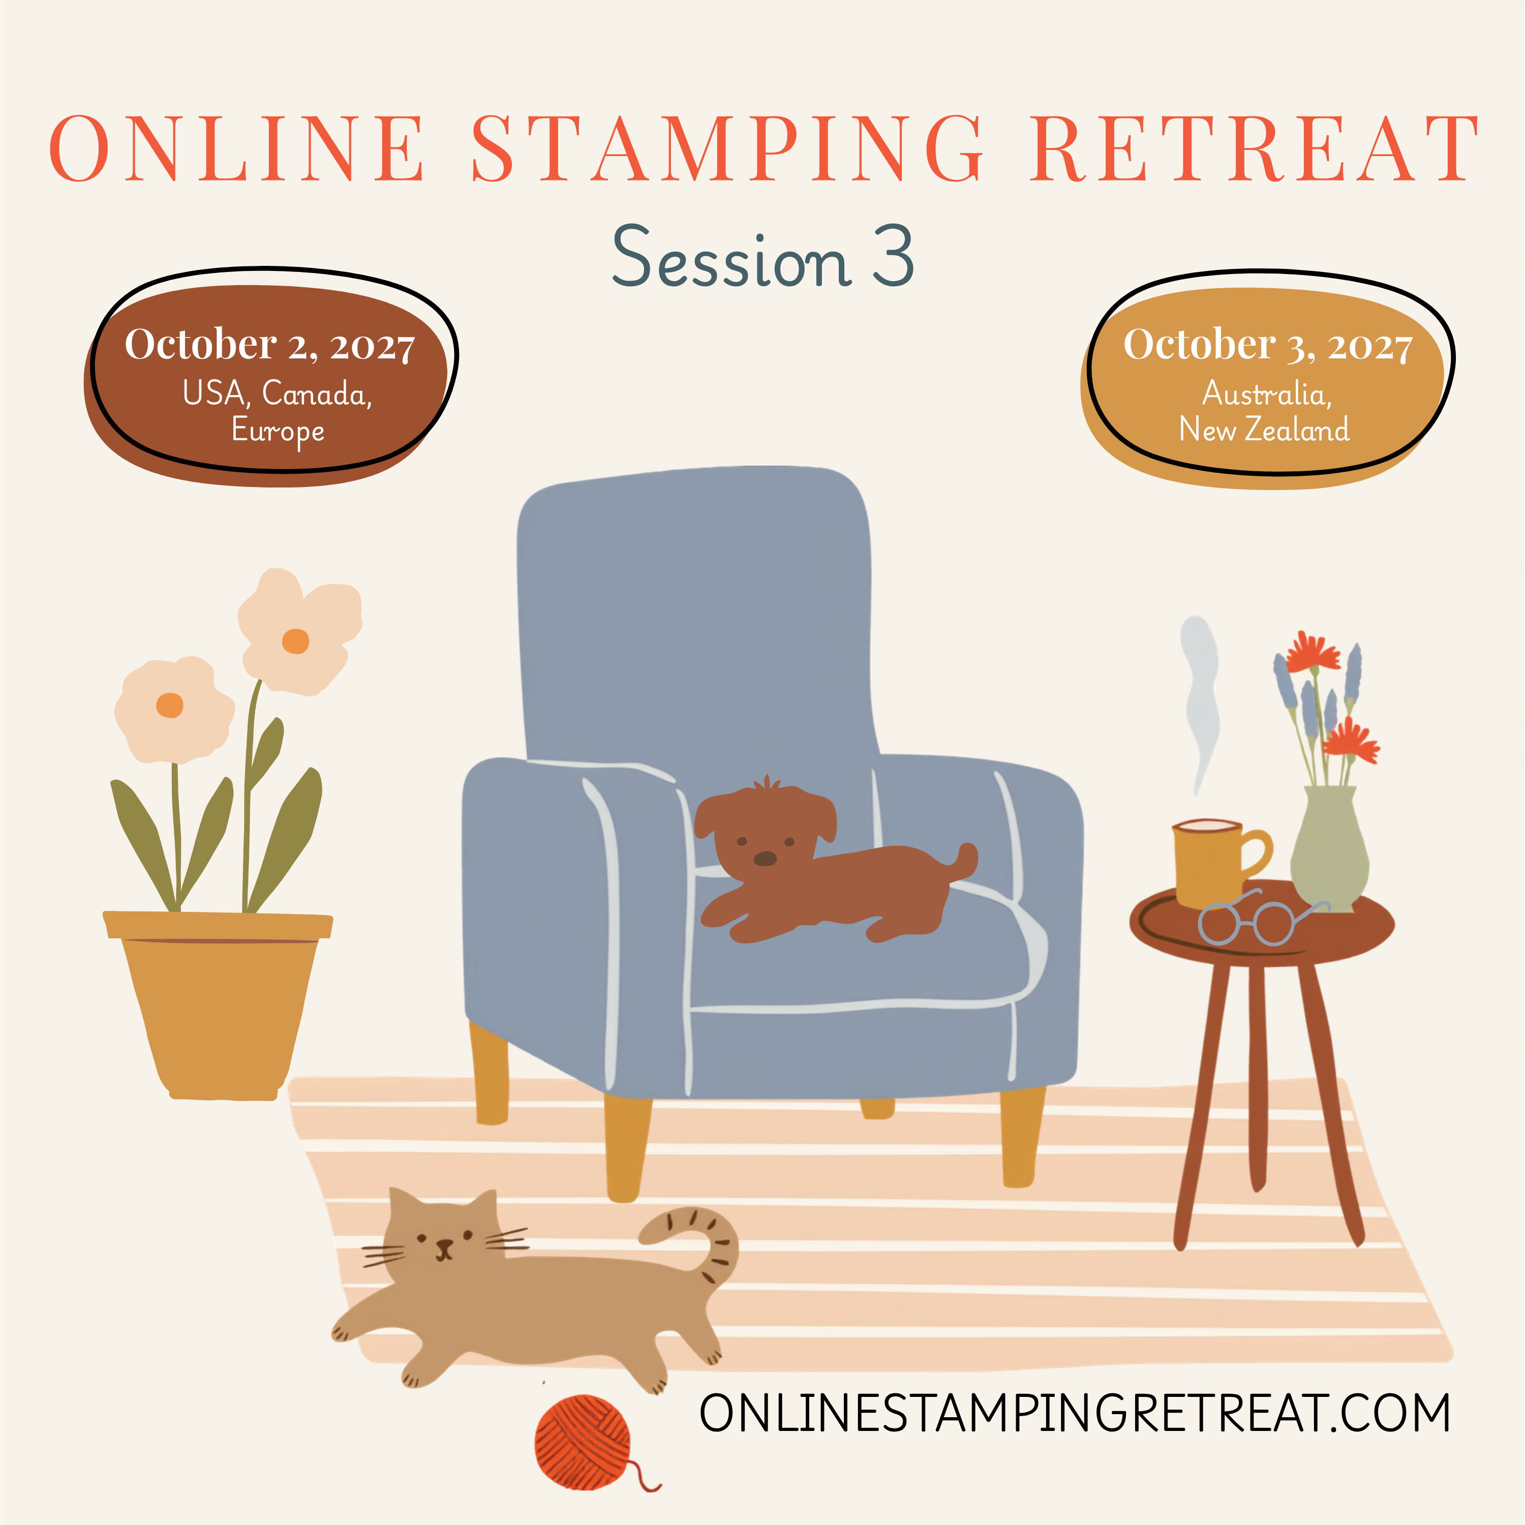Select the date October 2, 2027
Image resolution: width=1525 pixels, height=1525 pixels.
pyautogui.click(x=270, y=345)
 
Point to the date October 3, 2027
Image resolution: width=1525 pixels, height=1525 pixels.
pyautogui.click(x=1268, y=345)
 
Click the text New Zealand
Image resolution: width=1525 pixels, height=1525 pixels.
pyautogui.click(x=1264, y=430)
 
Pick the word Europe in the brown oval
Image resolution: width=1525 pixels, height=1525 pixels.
pyautogui.click(x=278, y=432)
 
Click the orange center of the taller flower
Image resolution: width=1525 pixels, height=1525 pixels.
pyautogui.click(x=295, y=641)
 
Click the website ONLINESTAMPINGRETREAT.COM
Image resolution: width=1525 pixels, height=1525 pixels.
pyautogui.click(x=1075, y=1413)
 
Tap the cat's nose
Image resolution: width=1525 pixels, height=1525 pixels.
pyautogui.click(x=444, y=1245)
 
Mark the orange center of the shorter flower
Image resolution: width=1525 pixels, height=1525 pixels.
pyautogui.click(x=170, y=705)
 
